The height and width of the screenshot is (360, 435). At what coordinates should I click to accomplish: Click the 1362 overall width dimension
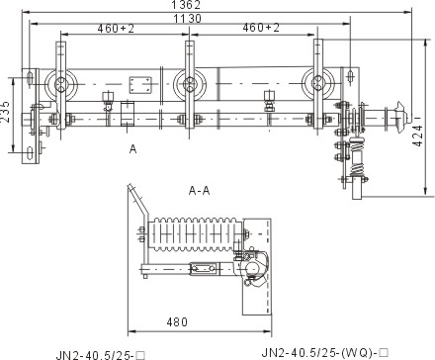click(186, 5)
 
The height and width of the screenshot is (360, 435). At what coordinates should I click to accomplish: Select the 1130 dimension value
click(187, 19)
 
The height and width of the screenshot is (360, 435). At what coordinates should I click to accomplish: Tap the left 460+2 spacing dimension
click(116, 29)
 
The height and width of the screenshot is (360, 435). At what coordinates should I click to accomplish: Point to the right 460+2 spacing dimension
click(261, 28)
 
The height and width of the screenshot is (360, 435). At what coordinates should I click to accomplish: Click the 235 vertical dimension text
click(5, 112)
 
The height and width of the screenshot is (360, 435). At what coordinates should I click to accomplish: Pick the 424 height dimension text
click(418, 135)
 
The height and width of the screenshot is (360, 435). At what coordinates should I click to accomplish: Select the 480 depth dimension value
click(177, 321)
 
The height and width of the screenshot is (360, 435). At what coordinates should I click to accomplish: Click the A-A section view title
click(199, 191)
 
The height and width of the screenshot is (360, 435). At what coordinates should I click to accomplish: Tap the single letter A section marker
click(132, 149)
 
